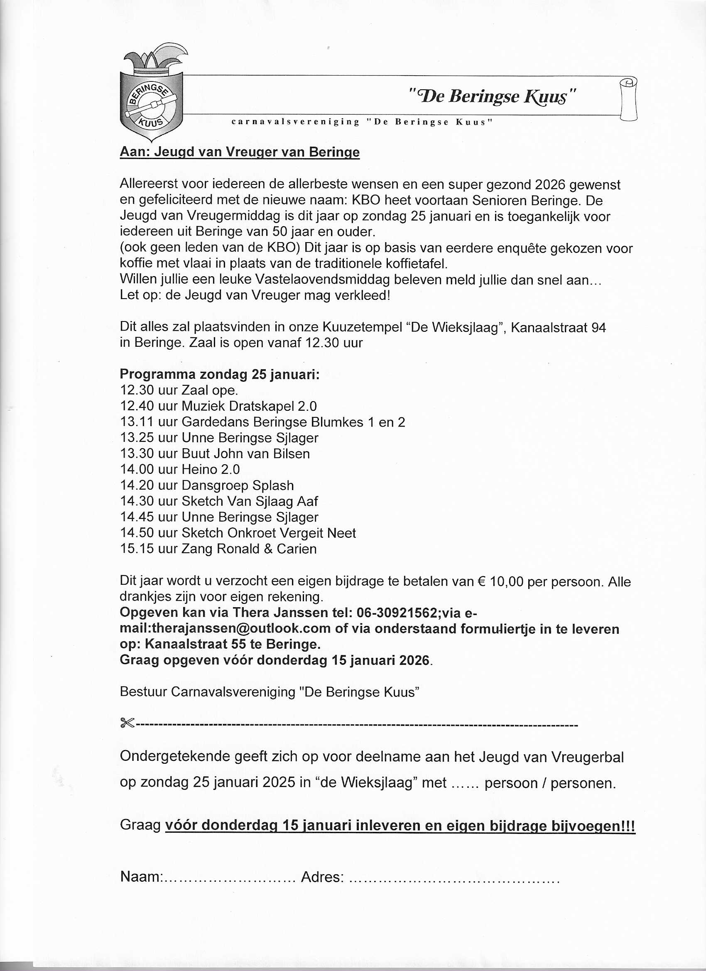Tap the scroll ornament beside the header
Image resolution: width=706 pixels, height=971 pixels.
pyautogui.click(x=628, y=99)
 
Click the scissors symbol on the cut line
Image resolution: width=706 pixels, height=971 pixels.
pyautogui.click(x=127, y=724)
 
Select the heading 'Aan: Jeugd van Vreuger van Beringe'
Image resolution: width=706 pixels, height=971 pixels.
pyautogui.click(x=239, y=152)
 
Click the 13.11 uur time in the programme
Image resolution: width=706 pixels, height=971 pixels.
pyautogui.click(x=137, y=422)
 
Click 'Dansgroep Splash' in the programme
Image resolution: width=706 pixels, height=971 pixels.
pyautogui.click(x=238, y=485)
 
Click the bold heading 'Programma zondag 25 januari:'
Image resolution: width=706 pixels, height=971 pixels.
pyautogui.click(x=220, y=374)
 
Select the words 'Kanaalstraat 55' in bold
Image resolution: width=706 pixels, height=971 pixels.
pyautogui.click(x=195, y=644)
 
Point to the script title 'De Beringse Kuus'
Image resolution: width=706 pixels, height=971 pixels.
pyautogui.click(x=493, y=97)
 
